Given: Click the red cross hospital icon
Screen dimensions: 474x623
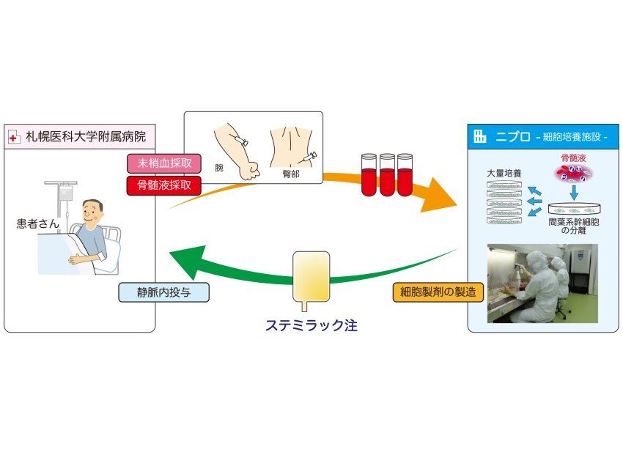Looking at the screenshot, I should click(15, 136).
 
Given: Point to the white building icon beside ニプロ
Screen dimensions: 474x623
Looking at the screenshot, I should click(480, 136).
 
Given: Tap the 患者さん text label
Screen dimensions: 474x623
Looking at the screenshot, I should click(39, 223).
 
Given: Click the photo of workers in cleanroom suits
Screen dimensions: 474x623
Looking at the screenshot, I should click(542, 284).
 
